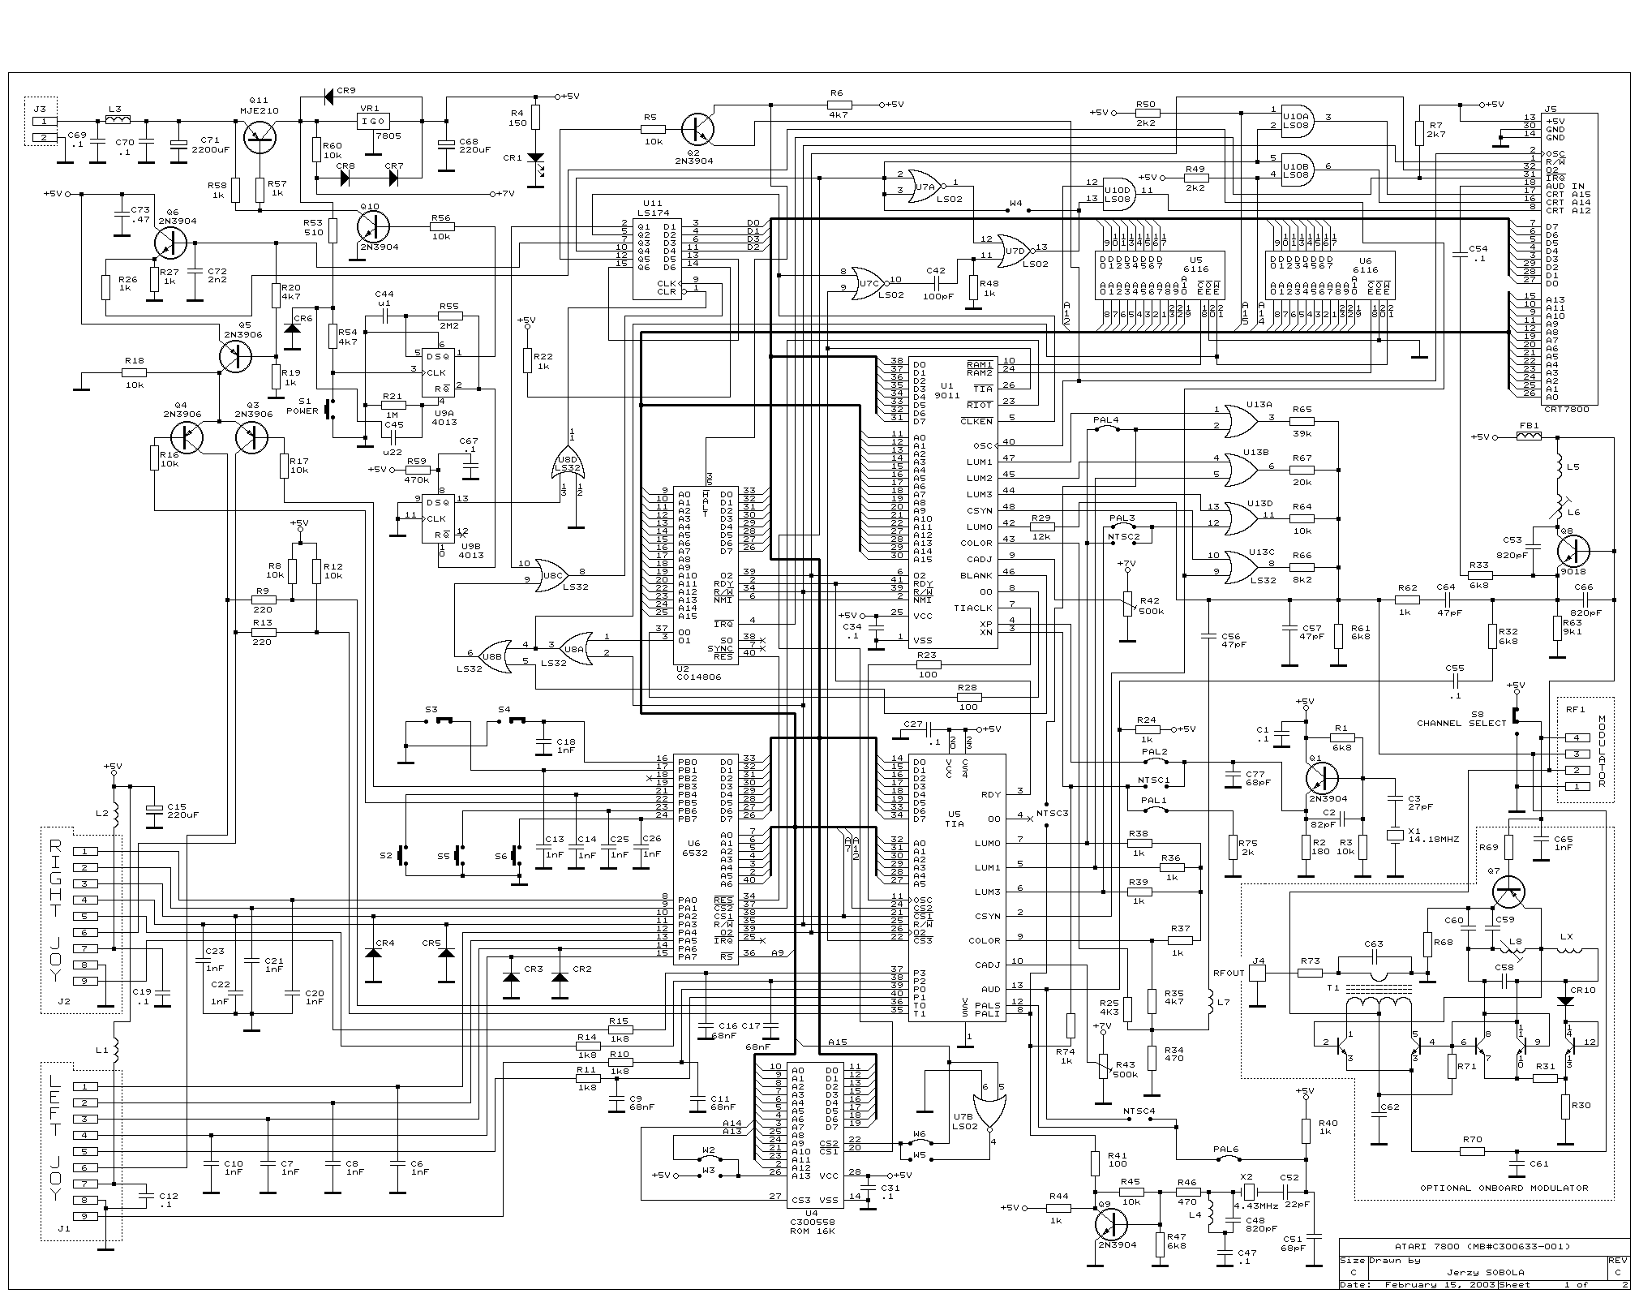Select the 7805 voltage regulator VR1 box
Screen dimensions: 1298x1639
point(373,122)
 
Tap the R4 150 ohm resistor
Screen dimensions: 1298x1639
point(535,118)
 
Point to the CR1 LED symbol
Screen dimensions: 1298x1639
point(535,158)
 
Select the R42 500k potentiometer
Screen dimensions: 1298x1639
point(1126,604)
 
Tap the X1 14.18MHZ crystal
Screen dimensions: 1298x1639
point(1395,835)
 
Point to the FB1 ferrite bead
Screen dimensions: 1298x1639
point(1529,436)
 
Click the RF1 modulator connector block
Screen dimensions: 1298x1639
point(1585,762)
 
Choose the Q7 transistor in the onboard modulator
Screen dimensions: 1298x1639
point(1508,892)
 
